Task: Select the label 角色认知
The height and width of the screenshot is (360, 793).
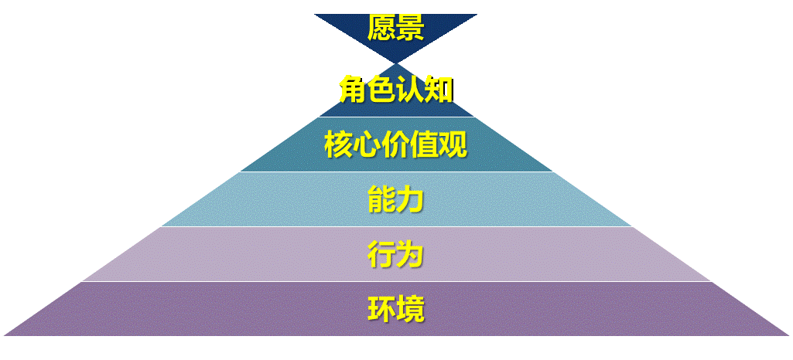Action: tap(395, 90)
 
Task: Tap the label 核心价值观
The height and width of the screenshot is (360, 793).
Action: tap(395, 144)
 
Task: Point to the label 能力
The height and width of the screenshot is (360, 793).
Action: tap(395, 199)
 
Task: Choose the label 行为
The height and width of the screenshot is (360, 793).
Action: tap(395, 254)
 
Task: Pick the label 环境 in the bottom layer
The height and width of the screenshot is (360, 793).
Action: tap(395, 310)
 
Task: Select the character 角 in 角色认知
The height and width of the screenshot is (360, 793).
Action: tap(353, 90)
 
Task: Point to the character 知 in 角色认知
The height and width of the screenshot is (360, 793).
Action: tap(439, 90)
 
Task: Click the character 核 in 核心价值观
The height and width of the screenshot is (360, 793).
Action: tap(338, 144)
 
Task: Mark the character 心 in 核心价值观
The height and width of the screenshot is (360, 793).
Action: tap(367, 144)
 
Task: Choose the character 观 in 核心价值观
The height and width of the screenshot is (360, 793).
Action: tap(453, 144)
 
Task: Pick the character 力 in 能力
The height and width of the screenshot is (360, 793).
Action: tap(410, 199)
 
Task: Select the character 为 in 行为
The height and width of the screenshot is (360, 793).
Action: tap(410, 254)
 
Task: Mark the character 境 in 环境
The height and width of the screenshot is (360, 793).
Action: tap(410, 310)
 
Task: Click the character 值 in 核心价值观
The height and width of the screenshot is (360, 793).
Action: tap(425, 144)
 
